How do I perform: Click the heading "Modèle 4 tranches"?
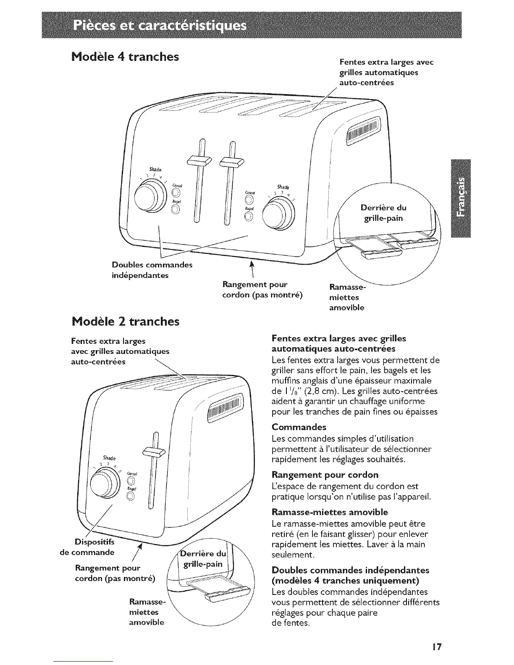pyautogui.click(x=122, y=56)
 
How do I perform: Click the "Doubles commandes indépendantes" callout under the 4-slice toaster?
pyautogui.click(x=152, y=270)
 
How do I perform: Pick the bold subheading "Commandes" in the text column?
pyautogui.click(x=299, y=427)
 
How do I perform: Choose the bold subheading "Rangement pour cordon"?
pyautogui.click(x=325, y=475)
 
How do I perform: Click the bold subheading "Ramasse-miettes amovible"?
pyautogui.click(x=330, y=512)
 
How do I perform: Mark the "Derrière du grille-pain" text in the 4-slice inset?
pyautogui.click(x=383, y=213)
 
